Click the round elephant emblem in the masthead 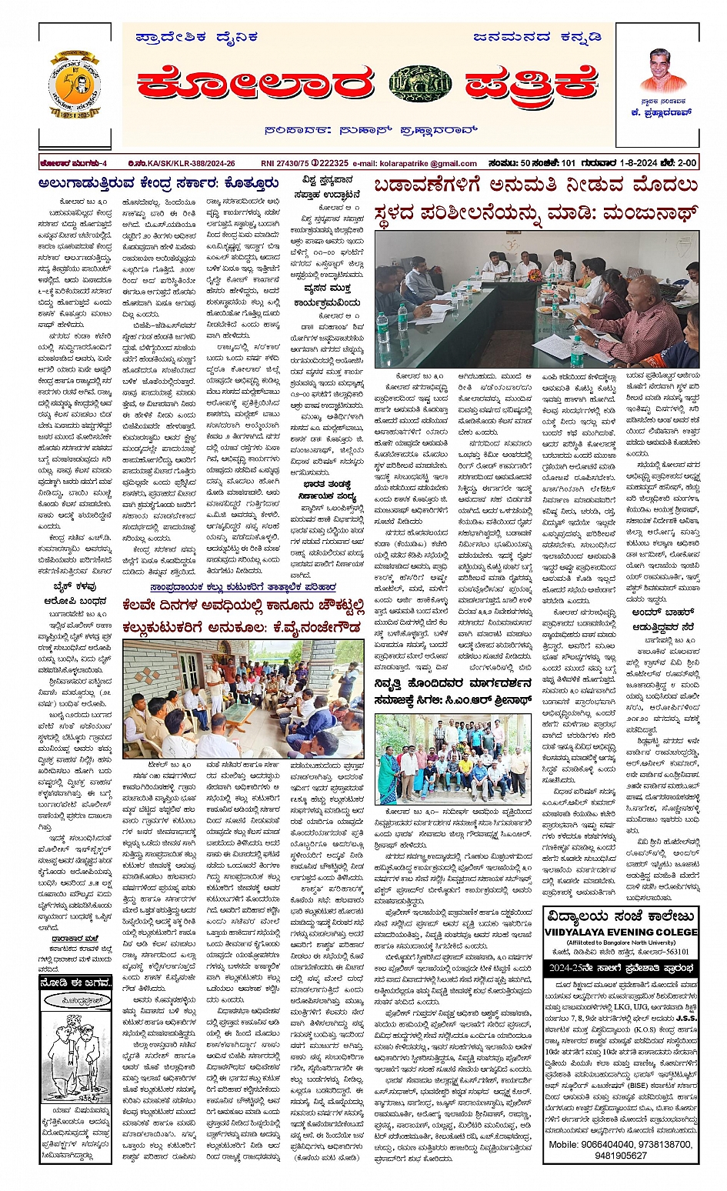[420, 84]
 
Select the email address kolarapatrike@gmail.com [426, 163]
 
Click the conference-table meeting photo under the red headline [536, 300]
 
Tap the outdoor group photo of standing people [452, 759]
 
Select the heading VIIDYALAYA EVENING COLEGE [620, 931]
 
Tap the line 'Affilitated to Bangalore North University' [620, 942]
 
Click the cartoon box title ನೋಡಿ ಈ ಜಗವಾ [75, 982]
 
